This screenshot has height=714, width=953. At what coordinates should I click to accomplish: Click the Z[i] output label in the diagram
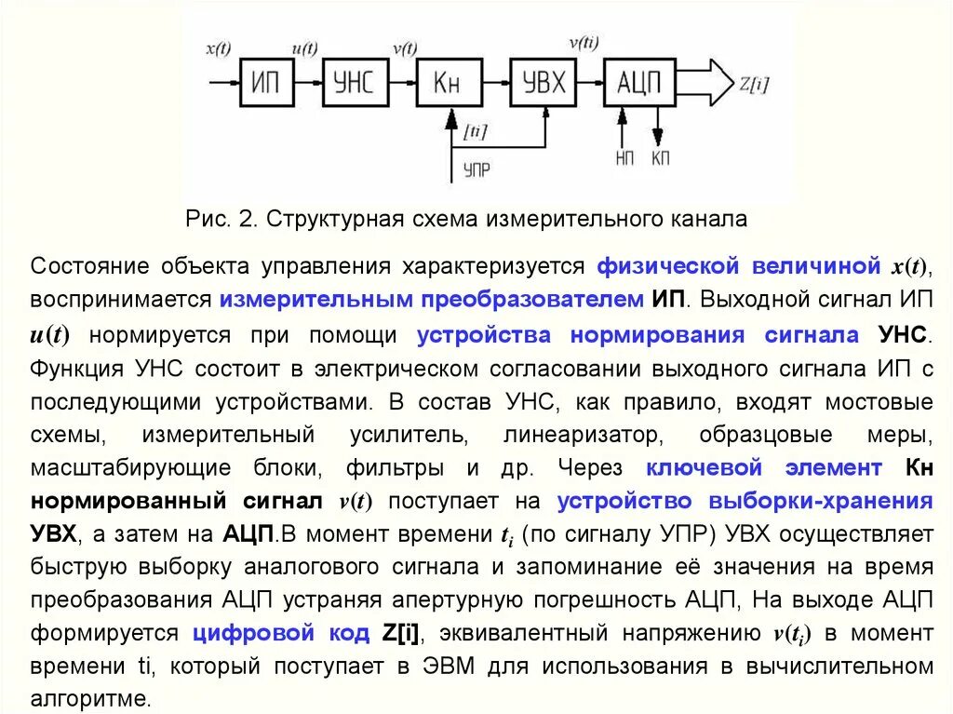[754, 84]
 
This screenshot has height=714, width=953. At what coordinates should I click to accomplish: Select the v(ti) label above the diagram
[584, 42]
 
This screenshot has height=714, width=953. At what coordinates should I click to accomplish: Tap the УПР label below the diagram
[476, 170]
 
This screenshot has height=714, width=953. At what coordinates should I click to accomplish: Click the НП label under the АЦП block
[624, 158]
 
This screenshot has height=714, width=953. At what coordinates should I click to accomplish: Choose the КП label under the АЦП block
[660, 158]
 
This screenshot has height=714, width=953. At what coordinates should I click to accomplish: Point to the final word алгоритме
[88, 698]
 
